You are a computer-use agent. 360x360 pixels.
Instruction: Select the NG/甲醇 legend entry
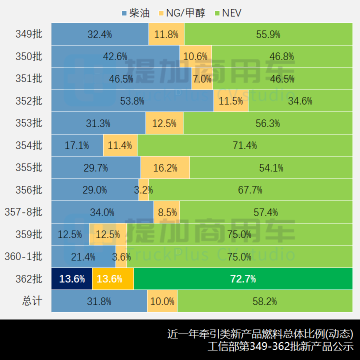[181, 13]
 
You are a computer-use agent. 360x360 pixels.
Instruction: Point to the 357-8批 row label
[23, 212]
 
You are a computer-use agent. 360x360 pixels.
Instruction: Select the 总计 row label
[32, 301]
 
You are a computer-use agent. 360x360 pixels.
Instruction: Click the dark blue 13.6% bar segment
[72, 279]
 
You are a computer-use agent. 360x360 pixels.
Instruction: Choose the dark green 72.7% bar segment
[243, 279]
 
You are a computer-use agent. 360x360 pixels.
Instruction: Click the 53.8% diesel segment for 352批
[132, 101]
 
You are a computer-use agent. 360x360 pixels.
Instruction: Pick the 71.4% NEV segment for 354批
[244, 145]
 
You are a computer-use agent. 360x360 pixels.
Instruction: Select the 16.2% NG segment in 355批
[165, 168]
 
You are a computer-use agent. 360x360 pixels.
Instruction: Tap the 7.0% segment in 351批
[202, 79]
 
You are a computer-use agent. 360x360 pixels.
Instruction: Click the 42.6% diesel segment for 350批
[115, 56]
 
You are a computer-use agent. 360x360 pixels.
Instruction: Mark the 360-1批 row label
[23, 256]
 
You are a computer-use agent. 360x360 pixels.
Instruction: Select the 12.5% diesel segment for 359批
[70, 234]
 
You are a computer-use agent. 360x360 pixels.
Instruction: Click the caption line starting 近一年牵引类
[260, 333]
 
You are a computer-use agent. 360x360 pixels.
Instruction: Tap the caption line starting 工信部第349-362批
[280, 346]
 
